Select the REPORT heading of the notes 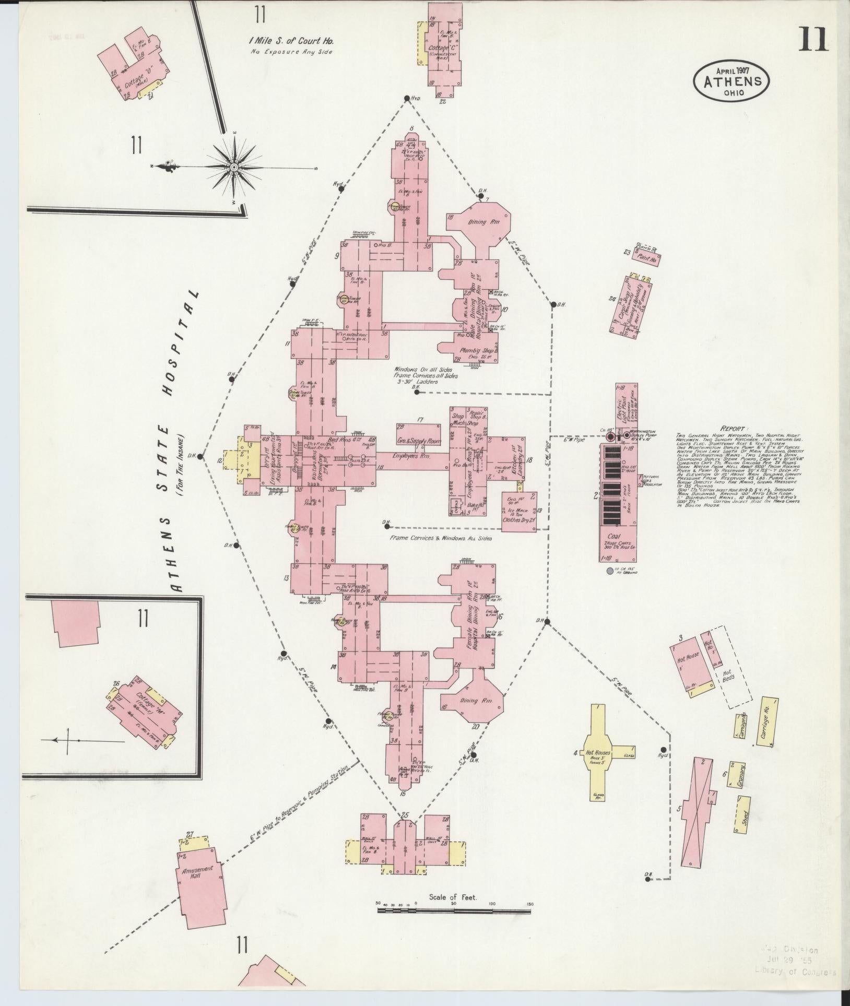tap(734, 426)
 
